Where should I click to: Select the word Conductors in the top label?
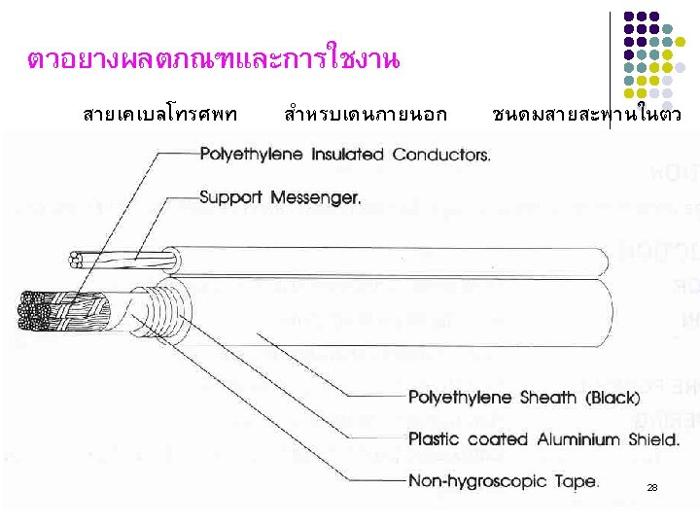coord(440,154)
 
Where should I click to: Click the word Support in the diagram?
coord(231,196)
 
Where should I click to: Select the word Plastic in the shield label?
coord(435,438)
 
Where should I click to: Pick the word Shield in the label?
coord(652,438)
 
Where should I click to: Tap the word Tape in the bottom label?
coord(577,480)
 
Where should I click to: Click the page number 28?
coord(652,487)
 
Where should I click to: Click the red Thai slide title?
coord(213,60)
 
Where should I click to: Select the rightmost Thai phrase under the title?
coord(587,116)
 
